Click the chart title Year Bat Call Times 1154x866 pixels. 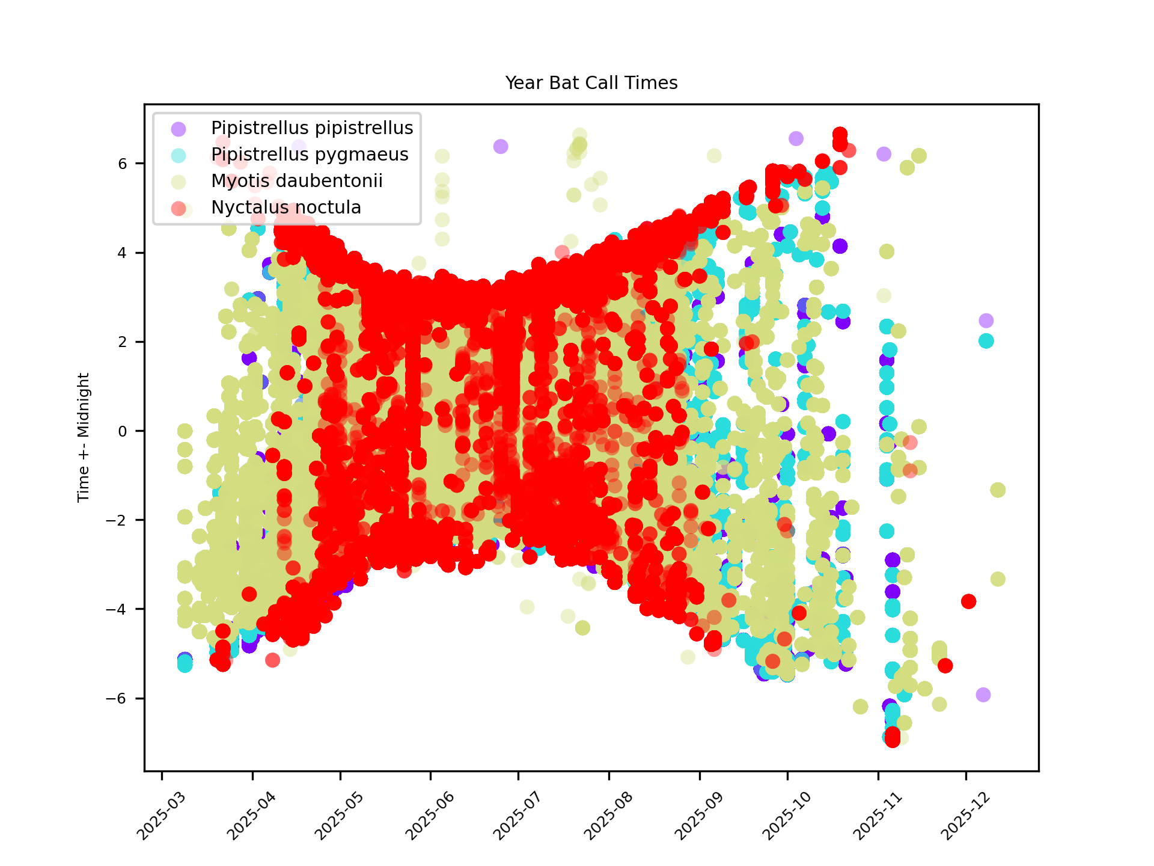pyautogui.click(x=591, y=83)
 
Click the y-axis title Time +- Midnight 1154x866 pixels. pyautogui.click(x=84, y=437)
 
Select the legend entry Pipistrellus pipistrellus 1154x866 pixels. pyautogui.click(x=311, y=128)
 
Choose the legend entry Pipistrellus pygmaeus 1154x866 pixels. pyautogui.click(x=309, y=155)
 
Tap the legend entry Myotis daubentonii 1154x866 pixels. pyautogui.click(x=296, y=181)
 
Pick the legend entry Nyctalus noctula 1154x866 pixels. pyautogui.click(x=285, y=207)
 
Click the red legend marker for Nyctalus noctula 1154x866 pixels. pyautogui.click(x=179, y=208)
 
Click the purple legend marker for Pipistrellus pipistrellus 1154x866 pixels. pyautogui.click(x=179, y=129)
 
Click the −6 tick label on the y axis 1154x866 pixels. pyautogui.click(x=117, y=698)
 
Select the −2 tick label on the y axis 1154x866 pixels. pyautogui.click(x=117, y=520)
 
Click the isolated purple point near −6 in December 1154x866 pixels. pyautogui.click(x=983, y=695)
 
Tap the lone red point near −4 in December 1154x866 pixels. pyautogui.click(x=968, y=601)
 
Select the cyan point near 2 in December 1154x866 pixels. pyautogui.click(x=986, y=341)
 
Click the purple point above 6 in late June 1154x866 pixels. pyautogui.click(x=501, y=146)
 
